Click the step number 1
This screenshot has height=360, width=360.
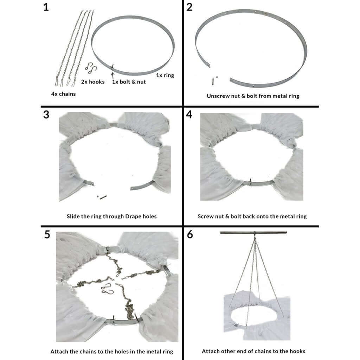pyautogui.click(x=46, y=7)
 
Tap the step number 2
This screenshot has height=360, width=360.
pyautogui.click(x=189, y=7)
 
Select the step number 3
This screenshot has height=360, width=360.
pyautogui.click(x=46, y=115)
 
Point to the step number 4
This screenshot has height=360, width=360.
pyautogui.click(x=189, y=115)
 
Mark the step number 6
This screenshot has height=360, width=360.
pyautogui.click(x=190, y=234)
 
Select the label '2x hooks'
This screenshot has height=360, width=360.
pyautogui.click(x=93, y=82)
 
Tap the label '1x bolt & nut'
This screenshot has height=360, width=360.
pyautogui.click(x=129, y=82)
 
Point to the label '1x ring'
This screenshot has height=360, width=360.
pyautogui.click(x=165, y=75)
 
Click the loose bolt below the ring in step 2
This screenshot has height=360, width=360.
pyautogui.click(x=213, y=81)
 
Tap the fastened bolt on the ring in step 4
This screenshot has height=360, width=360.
pyautogui.click(x=250, y=182)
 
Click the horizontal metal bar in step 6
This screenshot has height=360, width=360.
pyautogui.click(x=253, y=233)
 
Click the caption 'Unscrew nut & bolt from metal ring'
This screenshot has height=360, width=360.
pyautogui.click(x=253, y=96)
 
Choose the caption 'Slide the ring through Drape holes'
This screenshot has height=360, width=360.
pyautogui.click(x=111, y=216)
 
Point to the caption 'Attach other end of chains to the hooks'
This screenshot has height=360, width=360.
pyautogui.click(x=253, y=351)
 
